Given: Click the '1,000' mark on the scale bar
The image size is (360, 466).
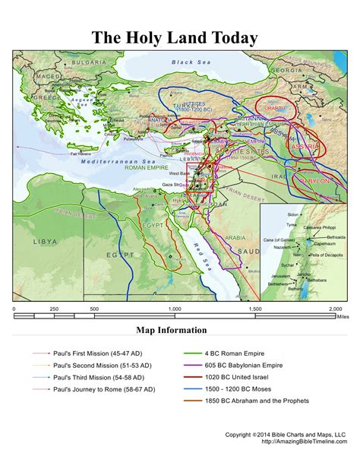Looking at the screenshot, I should [174, 309].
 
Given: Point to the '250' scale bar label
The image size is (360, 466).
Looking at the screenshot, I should [55, 309].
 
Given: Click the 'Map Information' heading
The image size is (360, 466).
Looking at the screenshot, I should [171, 330].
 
